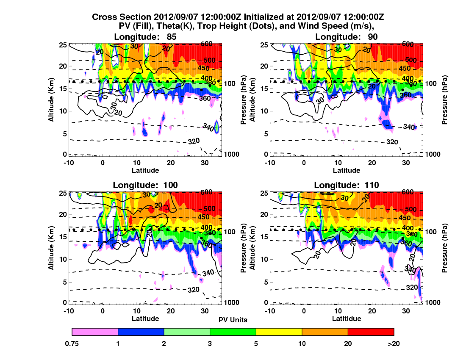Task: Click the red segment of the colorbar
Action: click(x=371, y=332)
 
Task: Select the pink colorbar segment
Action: click(x=95, y=332)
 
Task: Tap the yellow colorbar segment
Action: click(x=279, y=332)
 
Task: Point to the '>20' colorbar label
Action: click(x=394, y=343)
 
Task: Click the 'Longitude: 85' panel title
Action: click(x=145, y=37)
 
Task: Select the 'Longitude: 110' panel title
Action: click(x=346, y=185)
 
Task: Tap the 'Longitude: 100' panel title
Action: click(x=145, y=185)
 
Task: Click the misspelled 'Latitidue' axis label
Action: click(x=346, y=318)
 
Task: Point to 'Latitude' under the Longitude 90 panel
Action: click(x=346, y=170)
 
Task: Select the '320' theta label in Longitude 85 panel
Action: click(x=194, y=141)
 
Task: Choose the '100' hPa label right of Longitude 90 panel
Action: click(x=432, y=83)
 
